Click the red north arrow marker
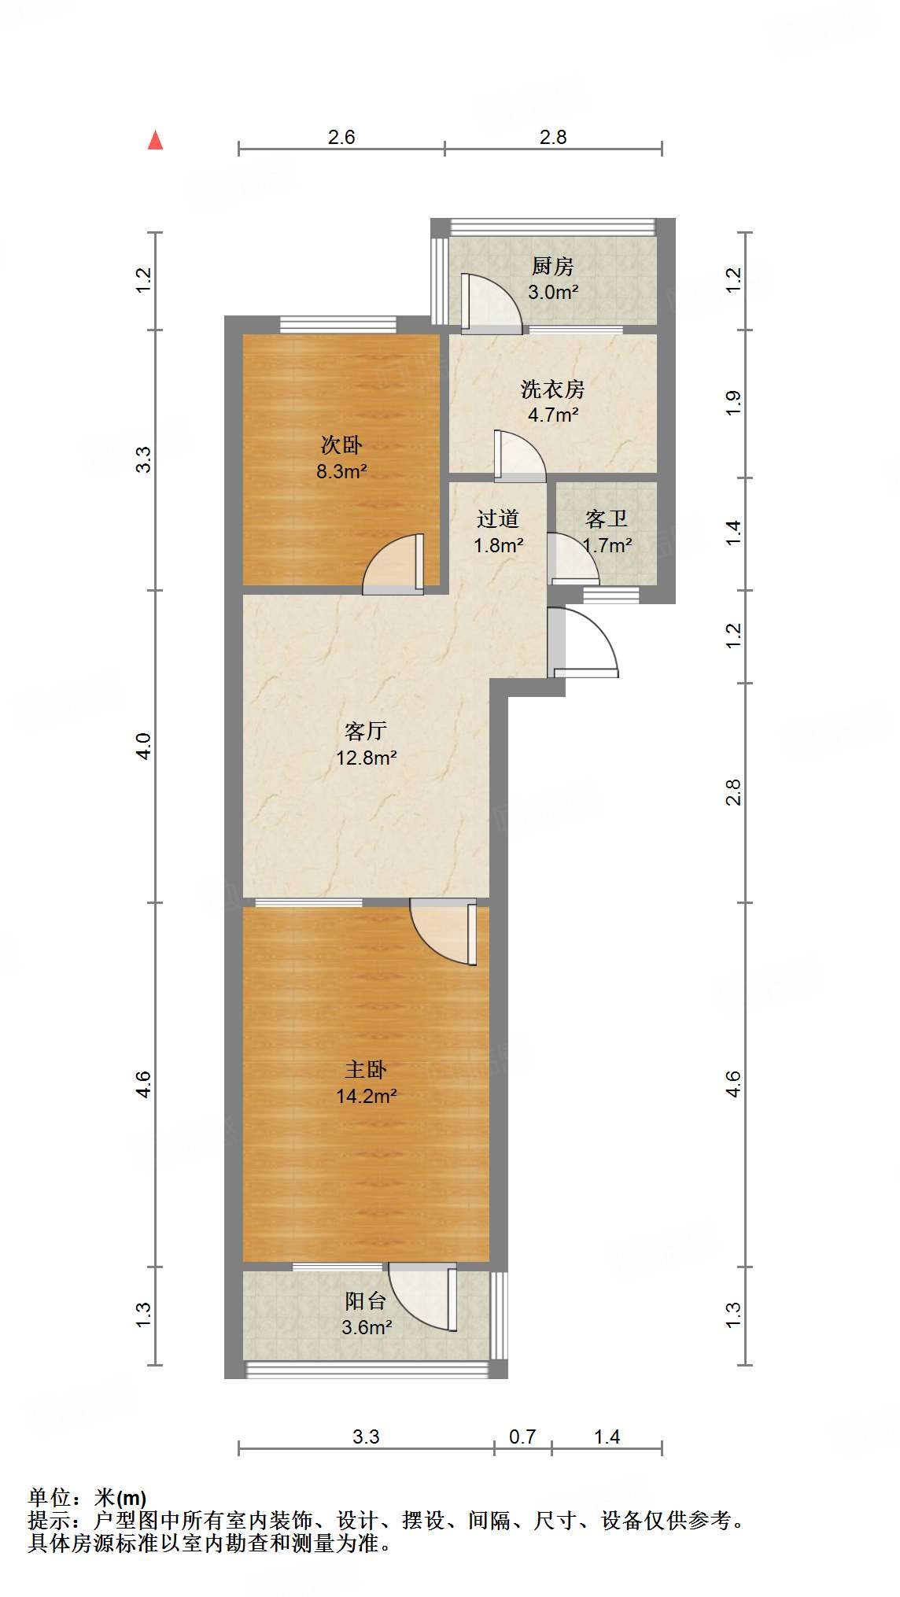click(x=156, y=140)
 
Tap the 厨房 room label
click(x=553, y=267)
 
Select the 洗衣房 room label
click(x=553, y=389)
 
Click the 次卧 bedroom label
click(x=341, y=445)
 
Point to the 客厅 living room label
click(x=366, y=731)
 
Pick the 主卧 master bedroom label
click(x=366, y=1069)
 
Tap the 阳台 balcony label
click(x=366, y=1300)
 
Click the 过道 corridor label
click(x=498, y=518)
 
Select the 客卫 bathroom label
click(x=607, y=518)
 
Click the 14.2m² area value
click(x=366, y=1096)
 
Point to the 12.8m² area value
click(x=366, y=758)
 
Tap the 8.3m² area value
click(x=341, y=472)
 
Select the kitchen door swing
click(x=492, y=303)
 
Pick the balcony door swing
click(x=421, y=1298)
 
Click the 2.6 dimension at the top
click(x=341, y=137)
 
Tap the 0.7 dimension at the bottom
click(x=522, y=1437)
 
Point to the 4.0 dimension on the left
click(x=143, y=746)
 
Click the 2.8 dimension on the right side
click(x=733, y=791)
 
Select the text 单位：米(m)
click(x=87, y=1498)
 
